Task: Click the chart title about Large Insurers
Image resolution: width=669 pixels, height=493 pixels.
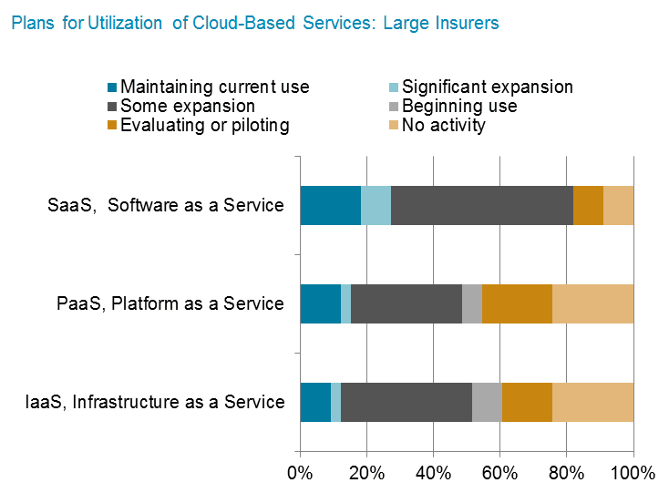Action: [255, 23]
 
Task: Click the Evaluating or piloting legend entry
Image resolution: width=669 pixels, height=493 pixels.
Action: [204, 126]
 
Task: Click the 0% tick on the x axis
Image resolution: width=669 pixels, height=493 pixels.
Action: [300, 473]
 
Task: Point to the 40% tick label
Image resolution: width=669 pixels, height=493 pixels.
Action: [433, 473]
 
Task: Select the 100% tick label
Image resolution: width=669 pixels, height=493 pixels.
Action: [633, 473]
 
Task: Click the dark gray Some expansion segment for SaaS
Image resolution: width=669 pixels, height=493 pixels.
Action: [481, 205]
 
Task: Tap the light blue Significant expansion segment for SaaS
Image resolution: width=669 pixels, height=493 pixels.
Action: [376, 205]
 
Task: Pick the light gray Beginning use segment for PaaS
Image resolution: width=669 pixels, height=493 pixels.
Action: [472, 303]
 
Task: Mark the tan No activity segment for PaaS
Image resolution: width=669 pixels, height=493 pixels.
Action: [592, 303]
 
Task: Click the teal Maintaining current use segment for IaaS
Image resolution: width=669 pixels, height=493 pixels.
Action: [315, 402]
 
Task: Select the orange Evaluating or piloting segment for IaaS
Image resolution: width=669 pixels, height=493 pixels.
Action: [527, 402]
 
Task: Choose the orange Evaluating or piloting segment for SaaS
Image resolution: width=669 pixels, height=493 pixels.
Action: [588, 205]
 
